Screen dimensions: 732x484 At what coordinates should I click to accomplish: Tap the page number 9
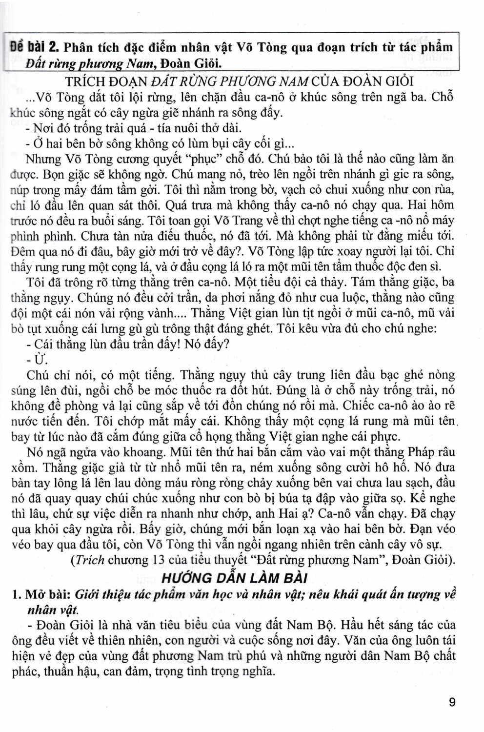click(452, 702)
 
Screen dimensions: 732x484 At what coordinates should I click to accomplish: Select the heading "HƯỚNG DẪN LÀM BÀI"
click(234, 578)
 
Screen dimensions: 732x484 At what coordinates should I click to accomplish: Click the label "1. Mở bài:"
click(41, 595)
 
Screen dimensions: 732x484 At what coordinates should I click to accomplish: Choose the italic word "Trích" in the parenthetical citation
click(88, 560)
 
